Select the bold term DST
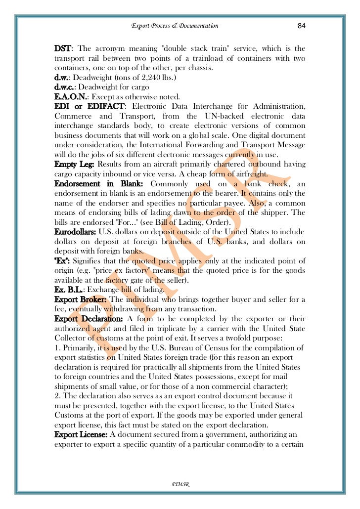pyautogui.click(x=62, y=48)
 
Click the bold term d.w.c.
pyautogui.click(x=65, y=87)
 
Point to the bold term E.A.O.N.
pyautogui.click(x=71, y=97)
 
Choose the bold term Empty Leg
pyautogui.click(x=75, y=164)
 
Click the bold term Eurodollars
pyautogui.click(x=76, y=231)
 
